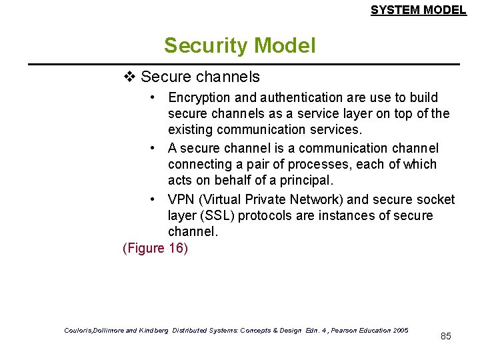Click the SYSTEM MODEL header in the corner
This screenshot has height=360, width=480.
(418, 10)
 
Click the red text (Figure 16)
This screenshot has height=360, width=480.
(155, 248)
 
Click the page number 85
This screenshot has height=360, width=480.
(446, 336)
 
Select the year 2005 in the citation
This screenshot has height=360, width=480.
(401, 330)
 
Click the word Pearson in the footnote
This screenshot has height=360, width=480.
(345, 330)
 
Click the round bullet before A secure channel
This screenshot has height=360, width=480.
(153, 148)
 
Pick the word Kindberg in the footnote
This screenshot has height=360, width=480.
(153, 330)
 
